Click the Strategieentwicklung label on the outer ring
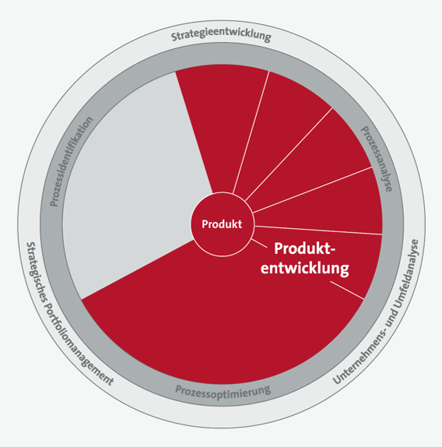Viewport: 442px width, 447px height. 221,35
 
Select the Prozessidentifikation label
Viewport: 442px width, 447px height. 71,161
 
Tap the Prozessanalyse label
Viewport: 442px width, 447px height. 377,159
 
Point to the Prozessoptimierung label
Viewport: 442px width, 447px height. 223,392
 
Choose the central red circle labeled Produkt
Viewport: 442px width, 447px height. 222,224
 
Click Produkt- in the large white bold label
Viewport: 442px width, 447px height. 305,248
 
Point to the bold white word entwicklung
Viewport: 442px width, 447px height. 305,268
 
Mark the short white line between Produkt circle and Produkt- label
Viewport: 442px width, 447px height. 259,244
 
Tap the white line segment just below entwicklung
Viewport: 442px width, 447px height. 347,290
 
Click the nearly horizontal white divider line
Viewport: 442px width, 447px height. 319,231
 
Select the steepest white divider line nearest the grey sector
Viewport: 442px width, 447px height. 251,132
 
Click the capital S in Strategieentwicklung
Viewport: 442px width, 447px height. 174,37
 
